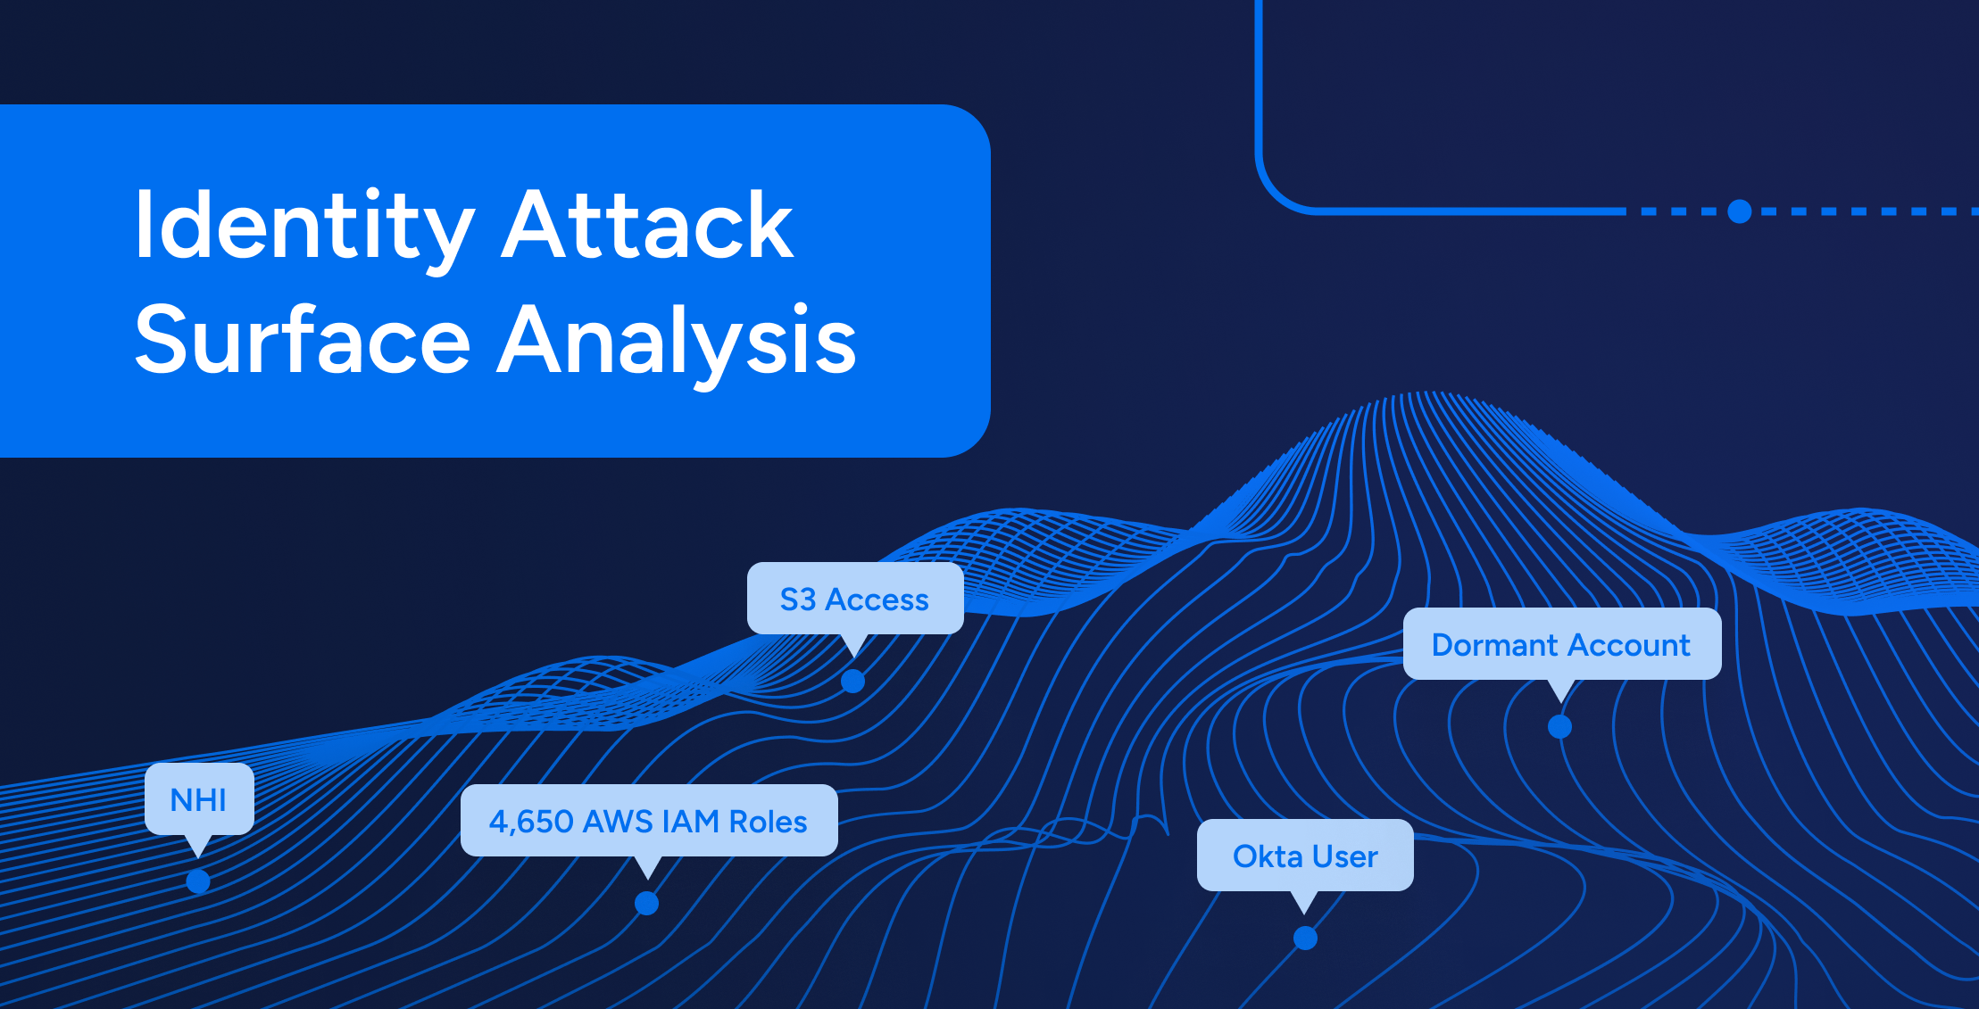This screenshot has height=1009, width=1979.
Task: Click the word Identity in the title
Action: coord(304,227)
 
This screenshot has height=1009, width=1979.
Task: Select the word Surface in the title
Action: coord(303,340)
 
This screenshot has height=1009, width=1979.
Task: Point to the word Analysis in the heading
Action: coord(677,344)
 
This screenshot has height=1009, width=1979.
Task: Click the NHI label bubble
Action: coord(199,800)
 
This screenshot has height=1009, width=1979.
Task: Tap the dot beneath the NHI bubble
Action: coord(198,881)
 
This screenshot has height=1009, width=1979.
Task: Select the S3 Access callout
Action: coord(855,600)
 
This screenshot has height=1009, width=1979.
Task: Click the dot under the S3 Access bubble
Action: coord(853,681)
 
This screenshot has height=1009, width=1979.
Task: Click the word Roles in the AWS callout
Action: coord(768,821)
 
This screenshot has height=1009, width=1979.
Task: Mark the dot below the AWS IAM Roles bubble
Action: coord(647,904)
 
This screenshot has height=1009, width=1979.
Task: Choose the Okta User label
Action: coord(1305,856)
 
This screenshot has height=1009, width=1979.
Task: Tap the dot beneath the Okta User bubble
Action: coord(1305,938)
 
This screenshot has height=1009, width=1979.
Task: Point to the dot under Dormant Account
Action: coord(1559,726)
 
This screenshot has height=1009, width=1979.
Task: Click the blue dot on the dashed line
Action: coord(1739,211)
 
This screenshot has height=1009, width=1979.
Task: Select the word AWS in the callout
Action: coord(618,821)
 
